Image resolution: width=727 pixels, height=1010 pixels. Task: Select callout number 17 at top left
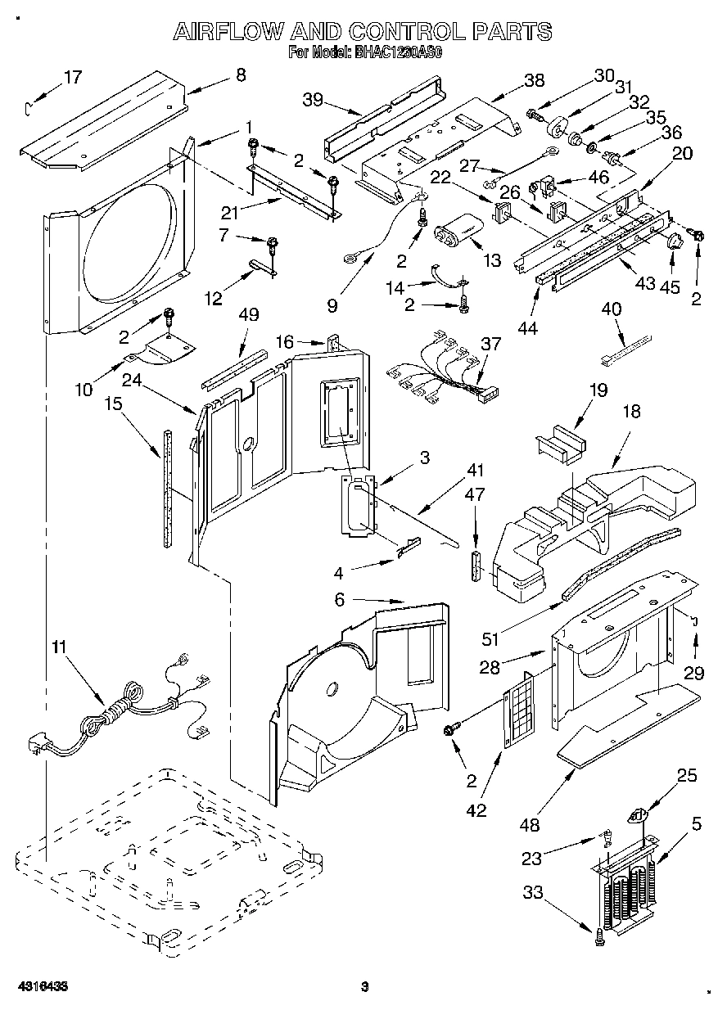73,77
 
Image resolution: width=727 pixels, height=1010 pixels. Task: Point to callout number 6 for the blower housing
340,600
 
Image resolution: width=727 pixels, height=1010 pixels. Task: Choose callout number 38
533,79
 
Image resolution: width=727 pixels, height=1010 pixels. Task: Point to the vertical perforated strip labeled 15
168,487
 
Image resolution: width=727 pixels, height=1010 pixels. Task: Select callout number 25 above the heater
687,774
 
